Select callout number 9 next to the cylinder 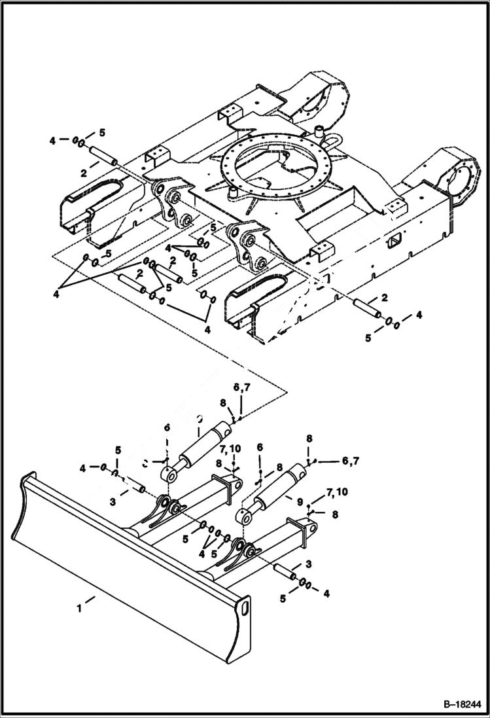tap(300, 503)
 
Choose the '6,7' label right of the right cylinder tap(350, 461)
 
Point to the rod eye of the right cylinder tap(249, 518)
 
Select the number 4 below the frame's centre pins tap(207, 329)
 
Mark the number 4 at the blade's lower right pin tap(326, 593)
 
